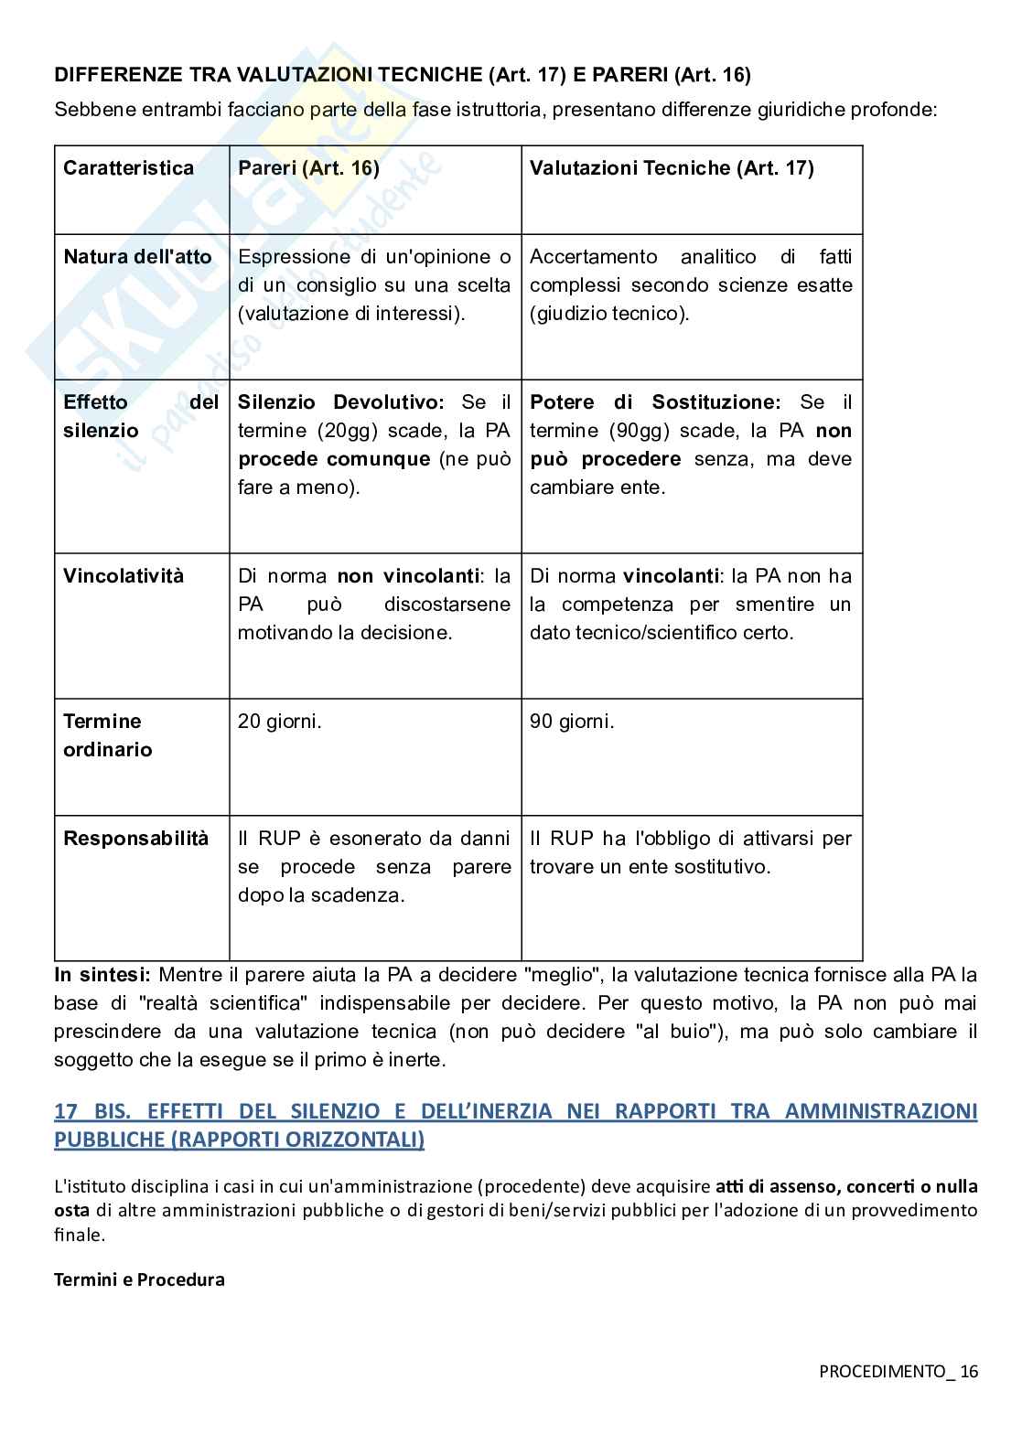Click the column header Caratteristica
point(128,168)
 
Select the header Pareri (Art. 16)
point(308,168)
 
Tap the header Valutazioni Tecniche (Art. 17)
point(671,168)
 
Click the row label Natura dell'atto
point(137,257)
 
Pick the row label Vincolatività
point(123,576)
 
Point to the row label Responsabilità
point(135,839)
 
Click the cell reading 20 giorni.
point(279,722)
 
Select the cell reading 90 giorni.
point(571,722)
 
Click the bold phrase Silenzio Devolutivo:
point(340,402)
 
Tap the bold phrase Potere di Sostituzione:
point(654,402)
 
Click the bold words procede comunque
point(333,459)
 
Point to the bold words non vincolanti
point(408,576)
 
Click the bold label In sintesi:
point(105,975)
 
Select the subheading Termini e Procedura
point(139,1279)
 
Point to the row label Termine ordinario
point(107,735)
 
